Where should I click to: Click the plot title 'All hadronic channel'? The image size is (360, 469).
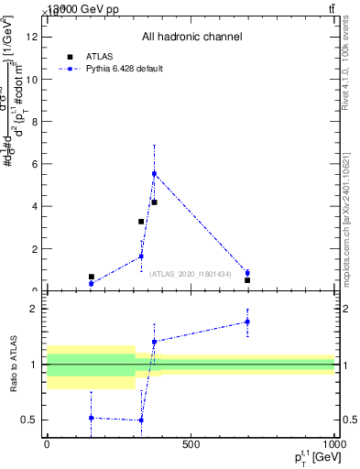point(191,38)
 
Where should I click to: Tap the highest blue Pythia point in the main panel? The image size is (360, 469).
point(154,173)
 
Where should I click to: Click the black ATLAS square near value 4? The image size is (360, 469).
point(154,202)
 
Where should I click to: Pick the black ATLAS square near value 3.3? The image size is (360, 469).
point(141,222)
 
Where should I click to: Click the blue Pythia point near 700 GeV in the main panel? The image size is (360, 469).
point(247,273)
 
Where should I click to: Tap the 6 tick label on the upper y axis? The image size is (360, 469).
point(33,164)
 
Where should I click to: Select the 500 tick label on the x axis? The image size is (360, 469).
point(191,445)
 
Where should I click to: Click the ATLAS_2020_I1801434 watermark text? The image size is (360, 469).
point(190,273)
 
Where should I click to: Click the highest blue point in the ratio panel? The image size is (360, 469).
point(247,322)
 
